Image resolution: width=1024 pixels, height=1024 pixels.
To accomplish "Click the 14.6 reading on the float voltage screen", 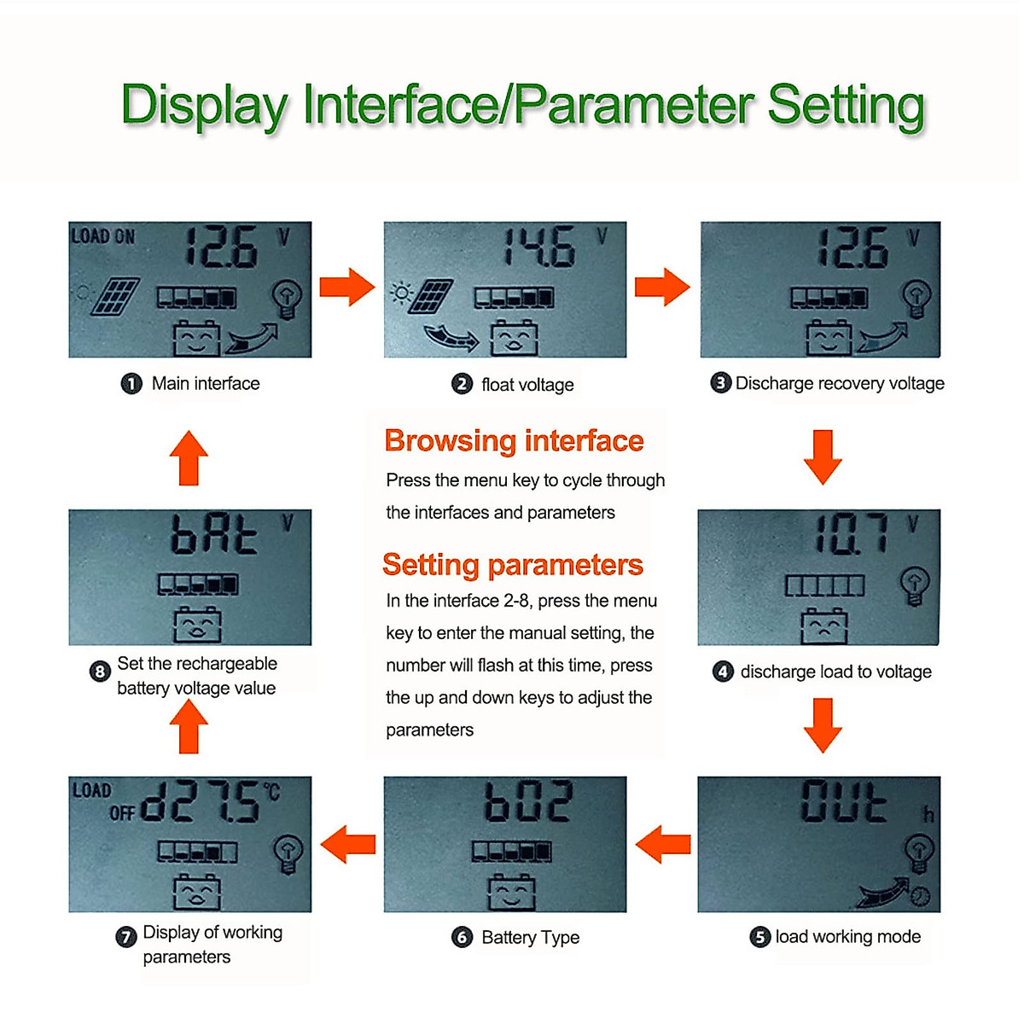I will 538,247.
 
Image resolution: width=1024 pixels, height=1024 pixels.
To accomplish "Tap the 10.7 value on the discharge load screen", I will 850,535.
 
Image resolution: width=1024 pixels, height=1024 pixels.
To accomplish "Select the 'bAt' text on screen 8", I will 213,536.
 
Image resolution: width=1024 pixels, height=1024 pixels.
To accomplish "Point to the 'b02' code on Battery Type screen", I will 528,801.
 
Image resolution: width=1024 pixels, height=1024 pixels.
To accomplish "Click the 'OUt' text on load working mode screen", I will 843,801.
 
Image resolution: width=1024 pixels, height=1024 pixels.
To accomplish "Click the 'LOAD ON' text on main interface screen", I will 102,236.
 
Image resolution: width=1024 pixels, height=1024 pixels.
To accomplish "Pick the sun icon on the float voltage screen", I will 400,293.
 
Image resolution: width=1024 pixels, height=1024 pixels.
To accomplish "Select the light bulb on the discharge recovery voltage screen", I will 916,298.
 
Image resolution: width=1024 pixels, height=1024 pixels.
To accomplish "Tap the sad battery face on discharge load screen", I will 824,627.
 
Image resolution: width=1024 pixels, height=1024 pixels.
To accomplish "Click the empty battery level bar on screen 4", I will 824,585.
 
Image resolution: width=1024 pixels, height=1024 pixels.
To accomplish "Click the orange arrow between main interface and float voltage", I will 347,287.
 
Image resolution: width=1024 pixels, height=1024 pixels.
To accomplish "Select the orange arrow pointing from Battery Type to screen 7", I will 347,844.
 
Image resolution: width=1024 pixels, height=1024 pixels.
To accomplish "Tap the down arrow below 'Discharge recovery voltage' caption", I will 823,457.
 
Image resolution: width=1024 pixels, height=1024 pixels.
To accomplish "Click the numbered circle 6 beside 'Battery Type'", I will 462,937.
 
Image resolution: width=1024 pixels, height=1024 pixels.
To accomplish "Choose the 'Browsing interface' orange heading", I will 514,441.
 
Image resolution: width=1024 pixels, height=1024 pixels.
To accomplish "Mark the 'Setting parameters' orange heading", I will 512,565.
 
